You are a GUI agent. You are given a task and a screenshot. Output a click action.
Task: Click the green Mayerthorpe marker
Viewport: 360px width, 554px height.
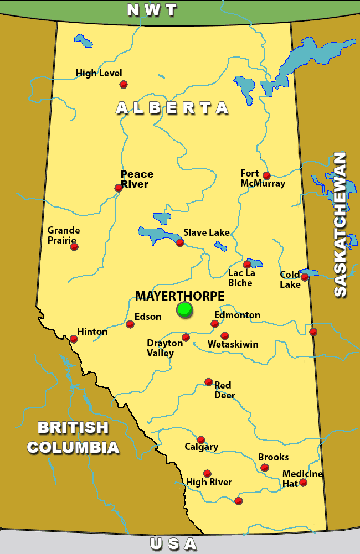[x=184, y=309]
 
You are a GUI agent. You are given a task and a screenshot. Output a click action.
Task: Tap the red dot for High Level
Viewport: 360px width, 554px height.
[x=124, y=84]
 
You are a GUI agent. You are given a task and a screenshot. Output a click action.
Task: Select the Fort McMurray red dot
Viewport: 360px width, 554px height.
[x=266, y=175]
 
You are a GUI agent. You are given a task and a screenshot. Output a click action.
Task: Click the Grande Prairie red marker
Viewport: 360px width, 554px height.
[x=74, y=246]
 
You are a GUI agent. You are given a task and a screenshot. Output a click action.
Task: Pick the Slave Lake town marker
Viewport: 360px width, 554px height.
[x=179, y=242]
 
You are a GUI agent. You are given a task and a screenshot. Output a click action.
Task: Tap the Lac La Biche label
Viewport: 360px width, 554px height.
[x=240, y=278]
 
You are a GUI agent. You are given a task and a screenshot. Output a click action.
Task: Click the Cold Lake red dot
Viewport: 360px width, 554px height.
[x=304, y=277]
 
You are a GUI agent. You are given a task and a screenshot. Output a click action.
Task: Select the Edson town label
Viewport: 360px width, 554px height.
[x=148, y=317]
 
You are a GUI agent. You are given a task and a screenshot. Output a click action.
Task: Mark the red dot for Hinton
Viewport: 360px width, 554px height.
[x=74, y=339]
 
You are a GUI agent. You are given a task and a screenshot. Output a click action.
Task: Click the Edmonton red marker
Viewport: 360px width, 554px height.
[x=215, y=324]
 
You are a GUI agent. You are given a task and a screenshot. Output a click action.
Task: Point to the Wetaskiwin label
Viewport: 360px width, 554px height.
[x=233, y=344]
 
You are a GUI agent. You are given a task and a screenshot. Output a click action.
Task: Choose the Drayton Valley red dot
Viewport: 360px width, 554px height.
[x=186, y=337]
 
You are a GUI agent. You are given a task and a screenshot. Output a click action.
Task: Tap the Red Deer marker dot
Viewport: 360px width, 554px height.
[x=208, y=381]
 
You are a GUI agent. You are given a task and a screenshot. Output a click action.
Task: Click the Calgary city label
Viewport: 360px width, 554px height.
[x=201, y=447]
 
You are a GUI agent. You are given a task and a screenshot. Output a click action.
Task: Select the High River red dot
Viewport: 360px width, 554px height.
[x=207, y=473]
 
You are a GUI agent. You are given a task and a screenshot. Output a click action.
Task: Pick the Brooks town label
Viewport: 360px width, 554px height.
[x=273, y=457]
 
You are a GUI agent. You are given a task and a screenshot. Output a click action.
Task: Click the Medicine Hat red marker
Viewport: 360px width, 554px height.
[x=303, y=483]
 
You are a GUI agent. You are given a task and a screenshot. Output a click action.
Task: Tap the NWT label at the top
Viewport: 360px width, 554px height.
[x=152, y=9]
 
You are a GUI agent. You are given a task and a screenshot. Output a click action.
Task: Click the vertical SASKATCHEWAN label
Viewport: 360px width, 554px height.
[x=340, y=224]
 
